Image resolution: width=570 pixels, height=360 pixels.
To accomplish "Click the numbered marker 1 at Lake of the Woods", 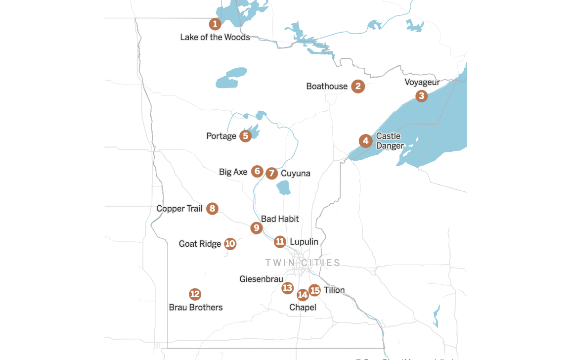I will click(215, 24).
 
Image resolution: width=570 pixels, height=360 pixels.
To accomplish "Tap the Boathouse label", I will click(327, 87).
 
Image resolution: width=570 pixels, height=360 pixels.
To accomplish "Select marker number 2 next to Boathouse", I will click(358, 87).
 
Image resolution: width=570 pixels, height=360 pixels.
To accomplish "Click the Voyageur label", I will click(422, 82).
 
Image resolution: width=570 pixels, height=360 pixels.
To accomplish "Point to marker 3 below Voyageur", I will click(421, 96).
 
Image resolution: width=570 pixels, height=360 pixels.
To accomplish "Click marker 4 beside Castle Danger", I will click(365, 141).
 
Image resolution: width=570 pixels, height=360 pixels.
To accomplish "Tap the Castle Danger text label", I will click(390, 141).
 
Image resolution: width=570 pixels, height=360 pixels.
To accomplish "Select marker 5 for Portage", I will click(245, 136).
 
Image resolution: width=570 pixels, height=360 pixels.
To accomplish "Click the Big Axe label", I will click(233, 172).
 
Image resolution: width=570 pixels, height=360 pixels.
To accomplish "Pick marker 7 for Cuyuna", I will click(271, 173).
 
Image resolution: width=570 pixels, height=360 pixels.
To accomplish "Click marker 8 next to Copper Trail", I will click(212, 209).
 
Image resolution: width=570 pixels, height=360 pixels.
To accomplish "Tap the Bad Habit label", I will click(280, 219).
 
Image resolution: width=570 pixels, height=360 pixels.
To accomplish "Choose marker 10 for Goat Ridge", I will click(230, 243).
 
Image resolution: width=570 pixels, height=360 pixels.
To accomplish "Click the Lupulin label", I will click(304, 242).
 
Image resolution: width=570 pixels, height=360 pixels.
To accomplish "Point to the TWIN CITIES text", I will click(303, 263).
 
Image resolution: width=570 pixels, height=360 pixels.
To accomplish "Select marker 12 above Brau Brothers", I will click(195, 294).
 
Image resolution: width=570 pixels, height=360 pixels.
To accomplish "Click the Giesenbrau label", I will click(261, 279).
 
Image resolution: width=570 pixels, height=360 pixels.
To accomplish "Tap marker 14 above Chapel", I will click(303, 295).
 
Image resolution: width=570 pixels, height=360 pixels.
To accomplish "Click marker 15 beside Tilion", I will click(314, 290).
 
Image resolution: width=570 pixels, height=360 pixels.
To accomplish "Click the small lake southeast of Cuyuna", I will click(283, 188).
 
